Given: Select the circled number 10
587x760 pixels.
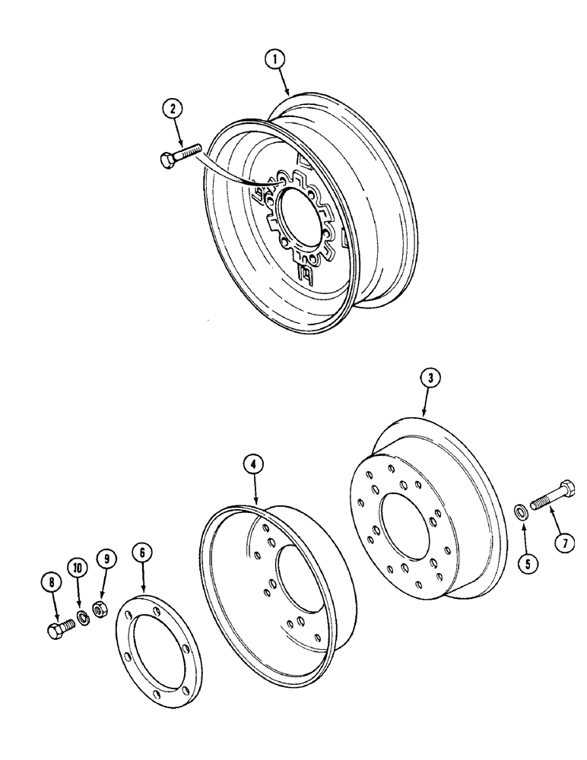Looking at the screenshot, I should (77, 566).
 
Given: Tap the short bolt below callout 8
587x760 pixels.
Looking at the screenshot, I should (59, 629).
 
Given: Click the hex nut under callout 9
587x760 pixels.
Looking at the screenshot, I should (99, 609).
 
